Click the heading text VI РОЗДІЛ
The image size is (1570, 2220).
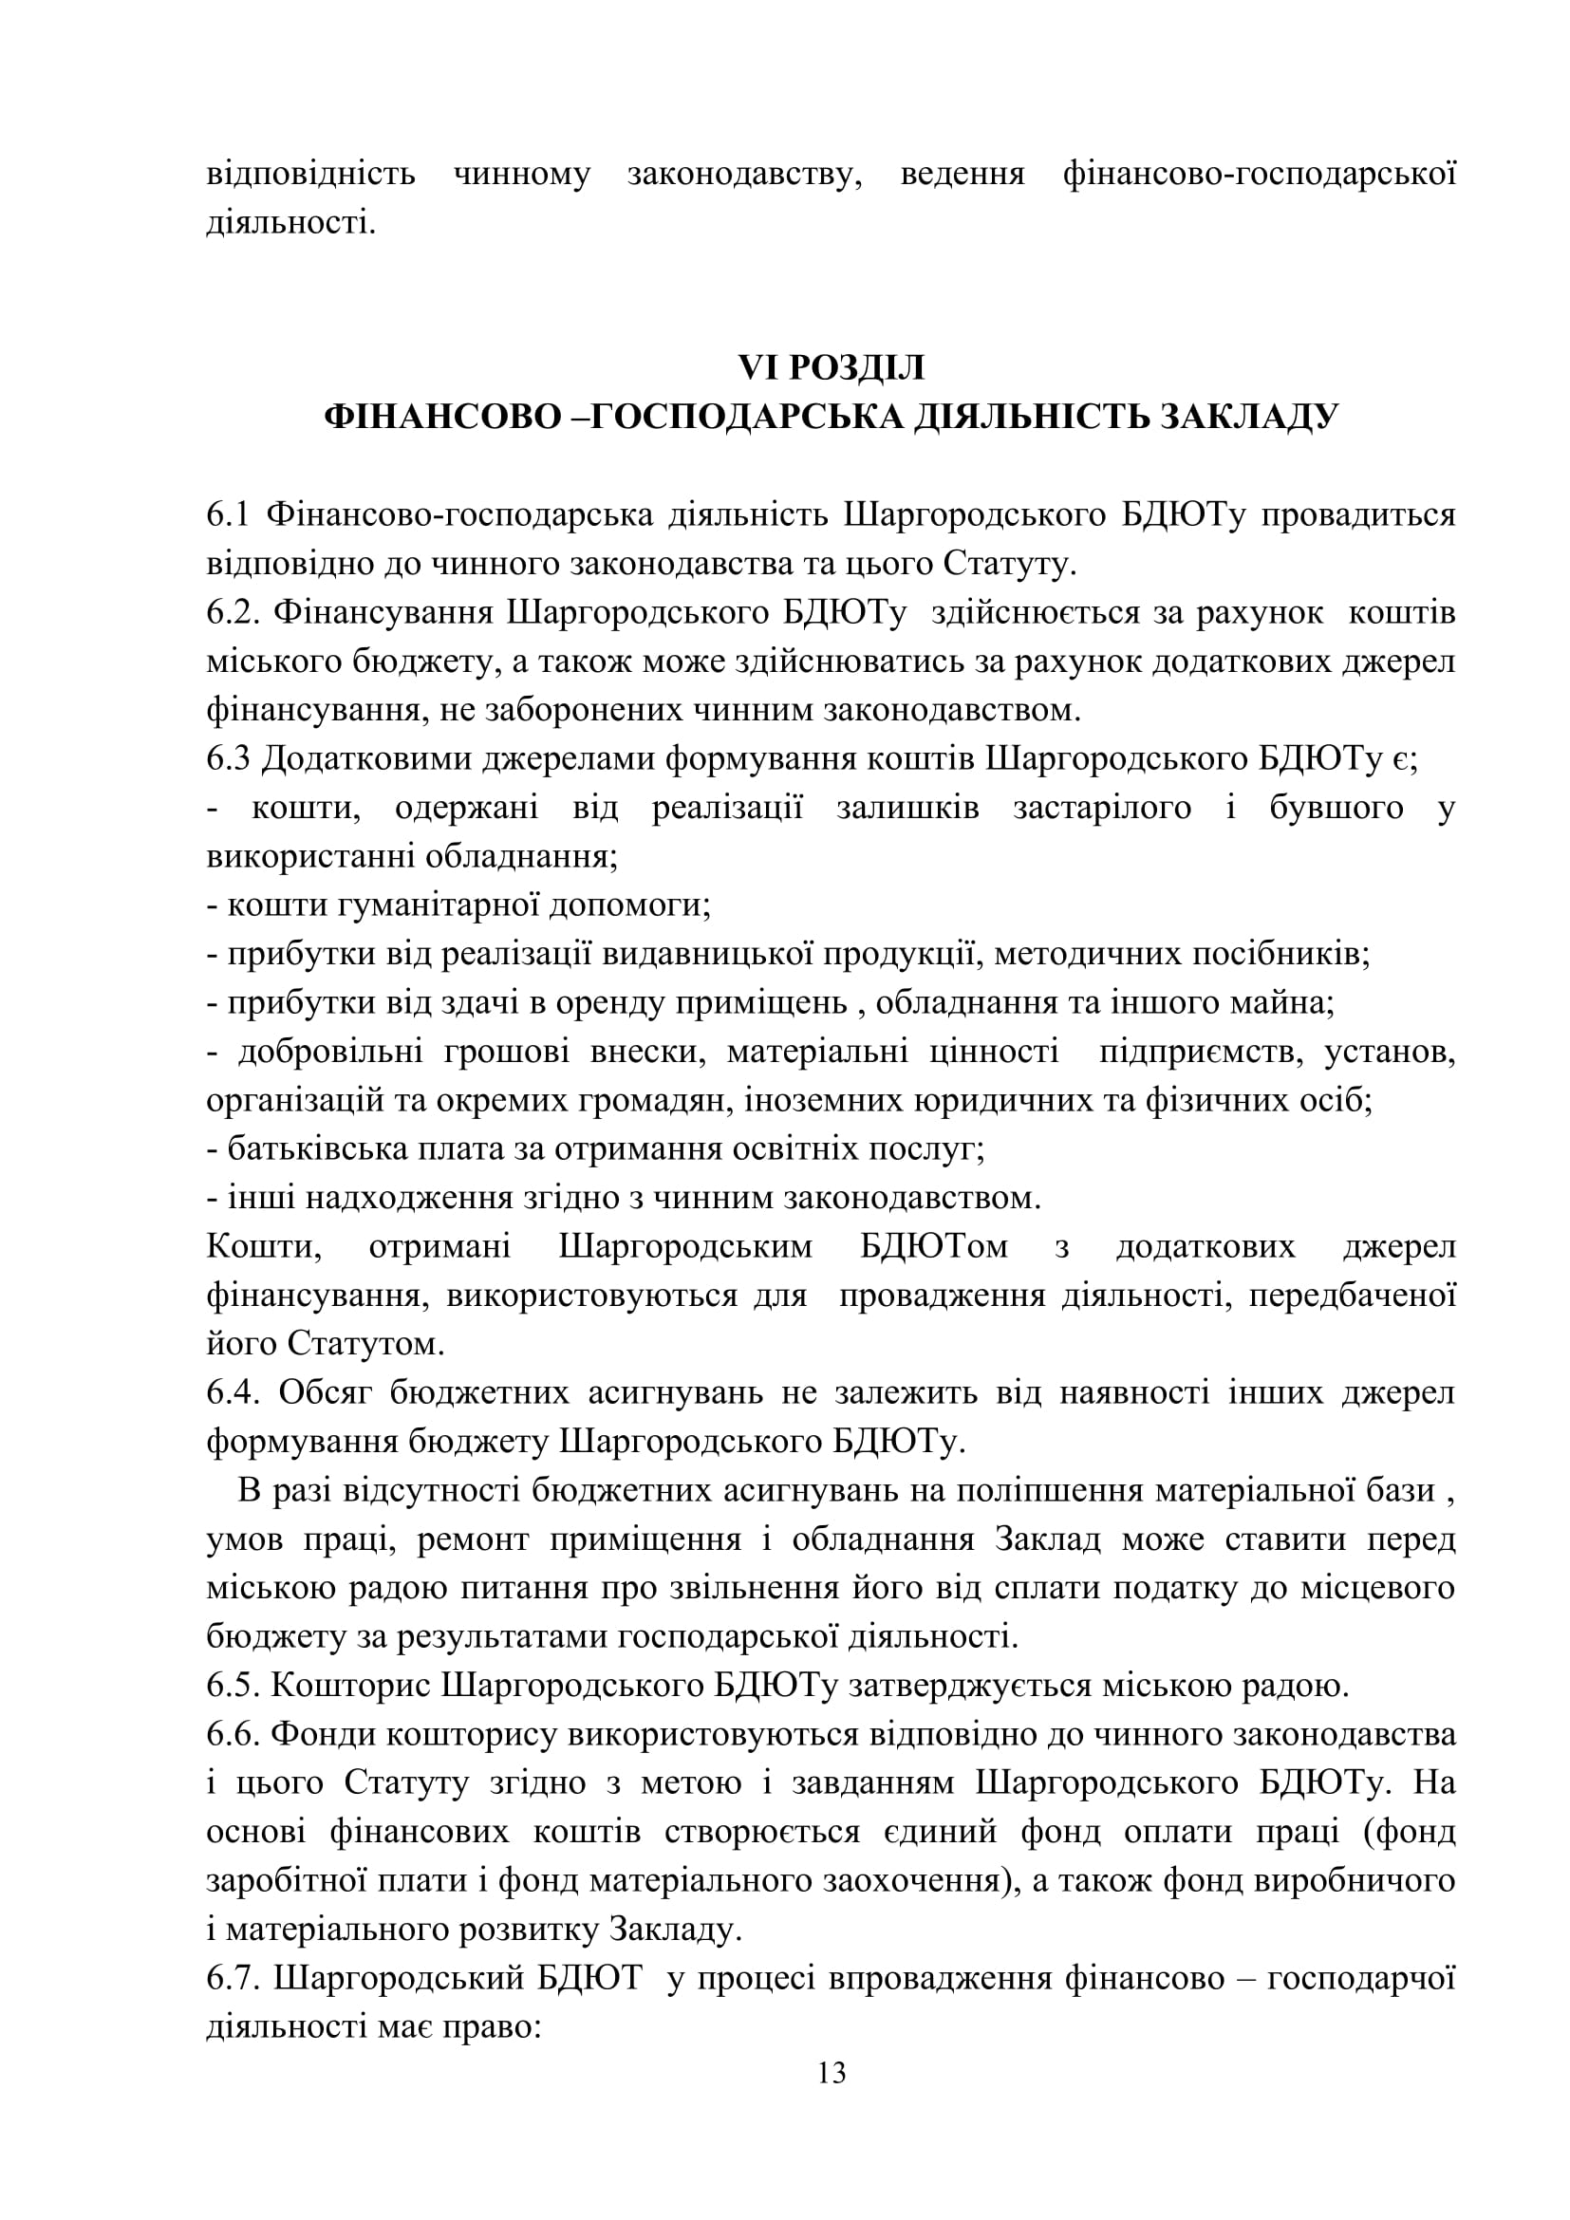point(832,367)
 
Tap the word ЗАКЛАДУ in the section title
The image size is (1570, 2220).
point(1248,417)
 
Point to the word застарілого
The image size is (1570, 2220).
point(1102,808)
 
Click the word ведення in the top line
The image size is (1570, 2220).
point(962,175)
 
